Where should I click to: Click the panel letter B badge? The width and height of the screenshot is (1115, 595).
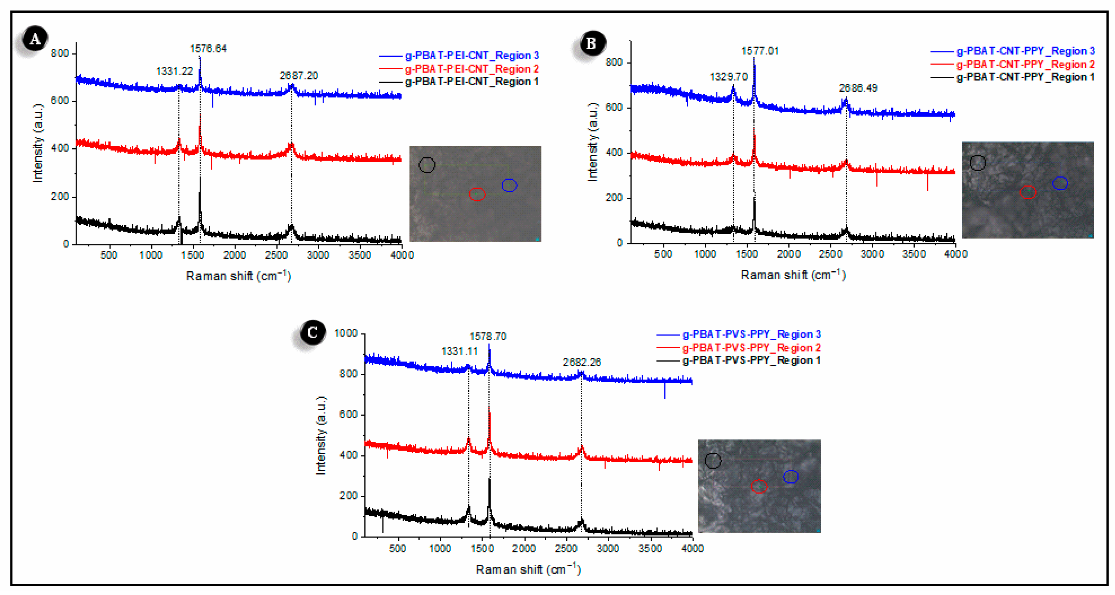click(x=591, y=43)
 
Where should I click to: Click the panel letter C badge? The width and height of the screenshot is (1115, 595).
click(x=312, y=332)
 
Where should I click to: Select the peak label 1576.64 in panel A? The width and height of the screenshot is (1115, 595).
click(x=208, y=48)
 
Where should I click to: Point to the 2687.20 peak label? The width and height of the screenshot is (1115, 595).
click(x=299, y=76)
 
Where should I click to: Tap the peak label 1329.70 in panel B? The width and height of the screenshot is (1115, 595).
click(x=729, y=77)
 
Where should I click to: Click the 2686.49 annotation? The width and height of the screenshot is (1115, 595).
click(x=858, y=88)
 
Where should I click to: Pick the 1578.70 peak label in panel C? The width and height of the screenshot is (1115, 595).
click(x=488, y=336)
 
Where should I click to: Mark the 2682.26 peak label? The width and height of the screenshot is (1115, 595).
click(x=582, y=362)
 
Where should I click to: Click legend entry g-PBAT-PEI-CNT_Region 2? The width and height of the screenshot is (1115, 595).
click(x=471, y=69)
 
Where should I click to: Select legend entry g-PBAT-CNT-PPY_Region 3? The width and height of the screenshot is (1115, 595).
click(x=1025, y=51)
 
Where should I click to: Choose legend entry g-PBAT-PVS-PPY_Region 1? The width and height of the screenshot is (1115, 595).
click(x=751, y=360)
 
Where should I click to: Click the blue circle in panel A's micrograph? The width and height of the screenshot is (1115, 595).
click(x=509, y=185)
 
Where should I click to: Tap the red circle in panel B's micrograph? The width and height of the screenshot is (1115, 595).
click(x=1028, y=192)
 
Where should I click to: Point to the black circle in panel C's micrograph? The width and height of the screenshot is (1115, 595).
click(x=713, y=460)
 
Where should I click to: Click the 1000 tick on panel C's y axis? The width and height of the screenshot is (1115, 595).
click(x=346, y=333)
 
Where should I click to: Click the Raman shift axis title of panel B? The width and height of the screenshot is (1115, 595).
click(x=793, y=275)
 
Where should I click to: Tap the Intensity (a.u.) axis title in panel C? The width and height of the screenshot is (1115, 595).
click(x=321, y=435)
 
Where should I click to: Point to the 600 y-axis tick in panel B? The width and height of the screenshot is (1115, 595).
click(x=614, y=107)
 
